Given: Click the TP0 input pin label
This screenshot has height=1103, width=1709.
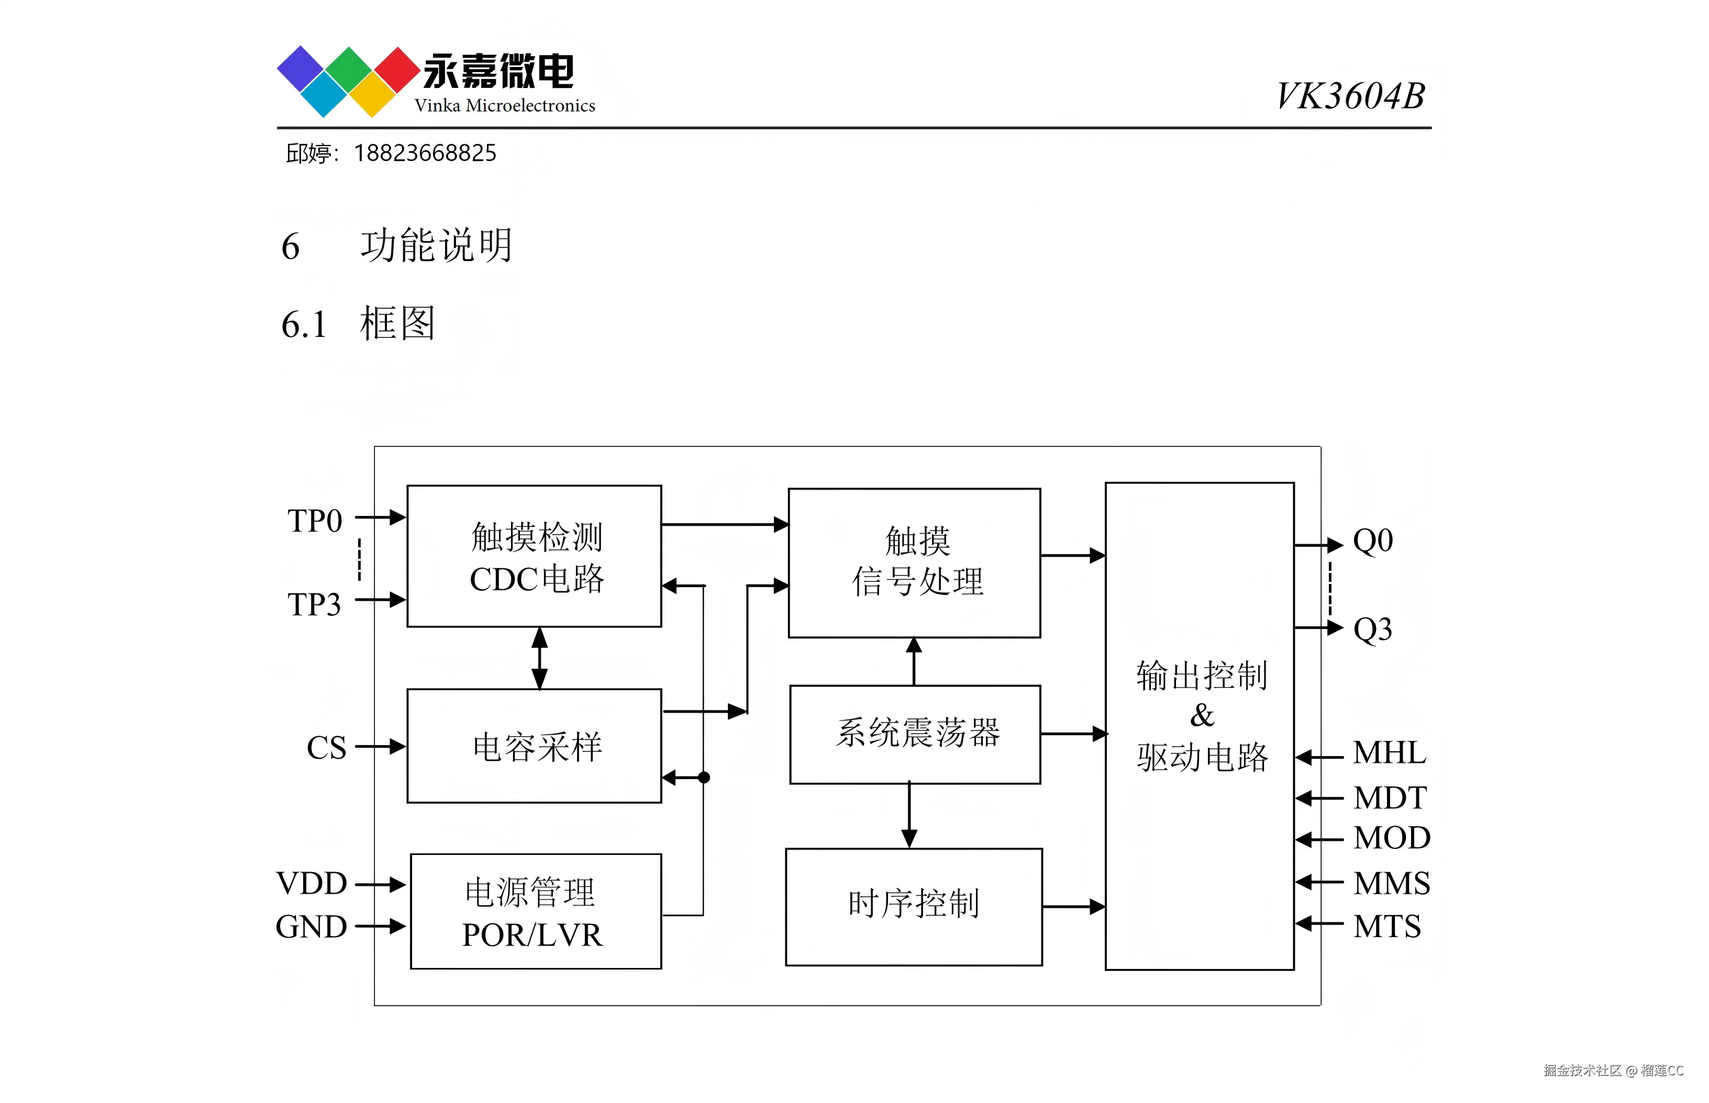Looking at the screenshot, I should click(x=315, y=521).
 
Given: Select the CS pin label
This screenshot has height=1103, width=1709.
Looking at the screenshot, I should click(x=326, y=748).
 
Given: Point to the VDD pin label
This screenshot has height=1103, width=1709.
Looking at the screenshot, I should click(x=311, y=883).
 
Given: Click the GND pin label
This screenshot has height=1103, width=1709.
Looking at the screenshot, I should click(x=311, y=927).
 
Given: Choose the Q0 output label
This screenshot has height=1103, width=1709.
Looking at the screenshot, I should click(x=1372, y=541).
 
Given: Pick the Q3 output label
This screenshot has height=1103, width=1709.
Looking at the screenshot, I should click(x=1372, y=629).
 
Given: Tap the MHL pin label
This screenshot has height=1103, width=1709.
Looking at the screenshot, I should click(x=1389, y=753).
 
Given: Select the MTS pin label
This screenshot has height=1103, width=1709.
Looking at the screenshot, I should click(x=1386, y=926).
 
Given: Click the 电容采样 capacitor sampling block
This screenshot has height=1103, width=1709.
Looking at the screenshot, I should click(x=537, y=747).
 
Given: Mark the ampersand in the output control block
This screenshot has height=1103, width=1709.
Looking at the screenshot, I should click(x=1202, y=715).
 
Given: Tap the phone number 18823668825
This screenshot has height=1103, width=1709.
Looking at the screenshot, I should click(x=425, y=153).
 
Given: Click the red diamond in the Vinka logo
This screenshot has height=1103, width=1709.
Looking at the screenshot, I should click(x=395, y=70).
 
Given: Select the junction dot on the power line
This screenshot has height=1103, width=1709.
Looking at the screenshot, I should click(x=704, y=777).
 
